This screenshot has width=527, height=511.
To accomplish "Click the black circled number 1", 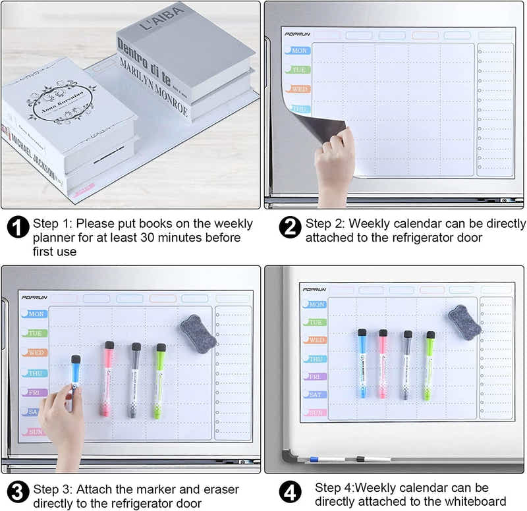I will point(18,228).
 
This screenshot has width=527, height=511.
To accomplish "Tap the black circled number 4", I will point(291,492).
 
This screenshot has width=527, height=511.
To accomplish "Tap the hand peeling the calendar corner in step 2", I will point(335,161).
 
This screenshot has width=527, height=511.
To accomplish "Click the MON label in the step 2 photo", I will point(299,51).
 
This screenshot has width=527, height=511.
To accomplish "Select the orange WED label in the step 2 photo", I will point(299,89).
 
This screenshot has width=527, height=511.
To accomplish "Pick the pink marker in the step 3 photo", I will point(107,379).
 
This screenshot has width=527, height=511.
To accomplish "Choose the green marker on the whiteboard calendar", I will point(430,365).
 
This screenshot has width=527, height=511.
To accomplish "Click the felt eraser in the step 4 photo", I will point(465,323).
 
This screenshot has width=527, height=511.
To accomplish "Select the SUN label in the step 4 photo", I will point(316,412).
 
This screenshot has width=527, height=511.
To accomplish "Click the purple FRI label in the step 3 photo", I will point(35,392).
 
